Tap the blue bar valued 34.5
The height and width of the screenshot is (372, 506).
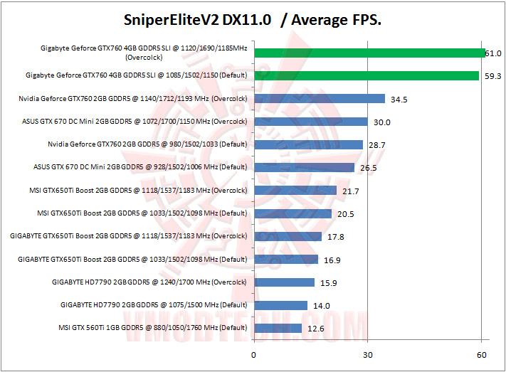click(320, 99)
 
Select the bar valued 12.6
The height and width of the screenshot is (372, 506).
click(278, 328)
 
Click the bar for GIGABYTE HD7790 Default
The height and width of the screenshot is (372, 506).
click(280, 305)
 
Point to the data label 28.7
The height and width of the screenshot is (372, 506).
click(377, 145)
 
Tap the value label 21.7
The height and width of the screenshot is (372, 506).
click(351, 191)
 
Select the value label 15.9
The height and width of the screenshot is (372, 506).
click(329, 283)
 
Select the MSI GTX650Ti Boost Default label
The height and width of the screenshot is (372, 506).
click(142, 213)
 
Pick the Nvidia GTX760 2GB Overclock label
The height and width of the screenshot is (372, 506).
click(147, 98)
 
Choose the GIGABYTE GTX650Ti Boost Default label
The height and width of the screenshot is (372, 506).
click(132, 259)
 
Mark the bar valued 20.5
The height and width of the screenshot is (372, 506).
click(292, 213)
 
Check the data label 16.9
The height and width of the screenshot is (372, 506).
click(333, 260)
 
